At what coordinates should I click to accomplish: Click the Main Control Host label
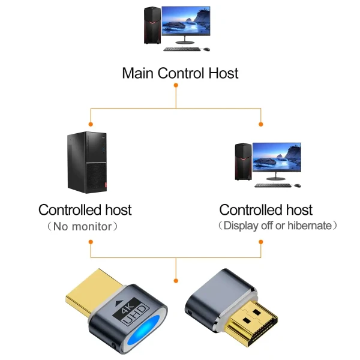[x=180, y=73]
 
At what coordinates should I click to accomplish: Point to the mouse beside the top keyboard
[x=206, y=49]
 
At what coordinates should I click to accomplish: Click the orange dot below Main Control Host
[x=176, y=85]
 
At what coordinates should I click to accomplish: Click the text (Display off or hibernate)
[x=277, y=226]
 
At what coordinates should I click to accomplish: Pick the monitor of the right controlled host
[x=276, y=158]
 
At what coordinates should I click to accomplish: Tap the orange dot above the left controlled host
[x=90, y=124]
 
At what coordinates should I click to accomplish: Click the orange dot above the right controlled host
[x=261, y=124]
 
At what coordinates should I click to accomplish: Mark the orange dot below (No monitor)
[x=90, y=242]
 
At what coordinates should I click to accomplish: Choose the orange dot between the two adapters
[x=176, y=280]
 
